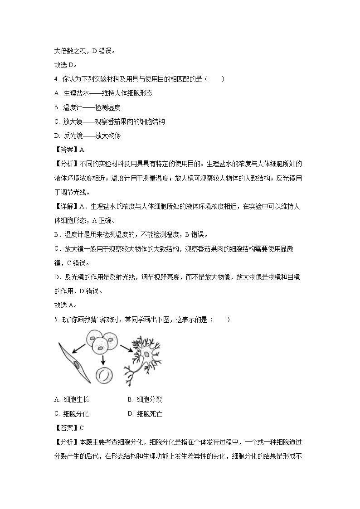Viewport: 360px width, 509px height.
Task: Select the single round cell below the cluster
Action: click(x=104, y=374)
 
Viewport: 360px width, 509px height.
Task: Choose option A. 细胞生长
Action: click(x=72, y=399)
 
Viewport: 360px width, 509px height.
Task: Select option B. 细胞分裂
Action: click(x=145, y=399)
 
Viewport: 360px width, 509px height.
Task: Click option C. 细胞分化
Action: click(x=72, y=413)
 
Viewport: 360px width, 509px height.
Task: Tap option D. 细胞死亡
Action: click(x=145, y=413)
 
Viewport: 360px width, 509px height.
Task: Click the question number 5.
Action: click(x=56, y=320)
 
